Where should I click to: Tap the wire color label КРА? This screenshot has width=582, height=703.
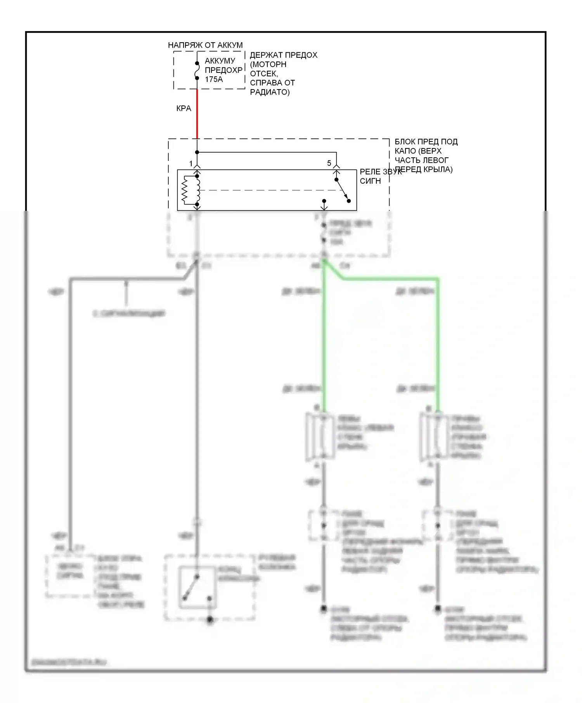[184, 109]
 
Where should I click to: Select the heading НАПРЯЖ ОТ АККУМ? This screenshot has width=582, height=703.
[205, 45]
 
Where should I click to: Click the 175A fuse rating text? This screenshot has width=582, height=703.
[214, 79]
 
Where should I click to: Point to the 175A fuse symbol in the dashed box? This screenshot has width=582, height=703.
[197, 71]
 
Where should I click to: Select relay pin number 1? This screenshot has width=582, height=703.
[191, 164]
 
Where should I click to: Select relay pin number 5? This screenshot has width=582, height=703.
[329, 163]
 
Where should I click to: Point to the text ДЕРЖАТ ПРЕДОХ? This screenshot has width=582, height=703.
[284, 55]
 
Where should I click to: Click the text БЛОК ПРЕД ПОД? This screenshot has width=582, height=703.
[426, 142]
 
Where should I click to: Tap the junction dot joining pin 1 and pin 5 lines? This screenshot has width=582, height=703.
[197, 152]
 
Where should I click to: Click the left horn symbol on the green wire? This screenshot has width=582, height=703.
[320, 437]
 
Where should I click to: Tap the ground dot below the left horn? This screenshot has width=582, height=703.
[323, 609]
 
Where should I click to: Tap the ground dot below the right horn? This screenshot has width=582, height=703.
[438, 609]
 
